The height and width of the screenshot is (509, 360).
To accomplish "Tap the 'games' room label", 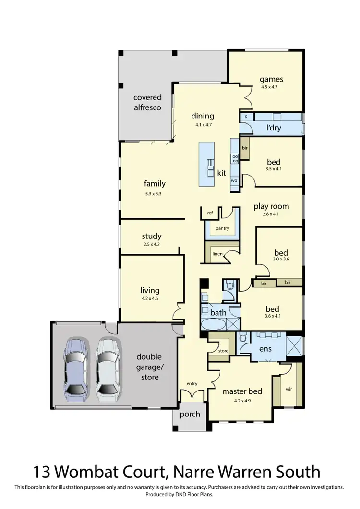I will (x=271, y=79).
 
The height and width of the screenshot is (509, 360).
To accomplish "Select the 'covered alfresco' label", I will (x=147, y=102).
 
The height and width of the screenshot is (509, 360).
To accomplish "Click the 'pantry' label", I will (x=222, y=228).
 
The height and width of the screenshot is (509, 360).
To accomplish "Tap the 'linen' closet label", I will (x=217, y=253).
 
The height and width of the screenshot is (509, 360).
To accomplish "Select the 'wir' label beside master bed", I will (x=288, y=389).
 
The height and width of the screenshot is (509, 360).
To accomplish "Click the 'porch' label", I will (x=190, y=414).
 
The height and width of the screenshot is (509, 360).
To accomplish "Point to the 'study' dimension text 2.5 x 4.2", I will (x=152, y=245).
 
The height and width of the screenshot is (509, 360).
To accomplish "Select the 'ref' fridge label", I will (x=210, y=213).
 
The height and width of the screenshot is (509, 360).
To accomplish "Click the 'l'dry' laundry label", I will (x=274, y=128).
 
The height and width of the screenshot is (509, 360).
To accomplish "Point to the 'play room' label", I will (x=271, y=206).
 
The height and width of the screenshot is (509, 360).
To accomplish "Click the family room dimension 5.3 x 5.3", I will (x=155, y=193).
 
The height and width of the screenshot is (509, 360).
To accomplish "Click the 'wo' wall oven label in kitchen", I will (x=234, y=180).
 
